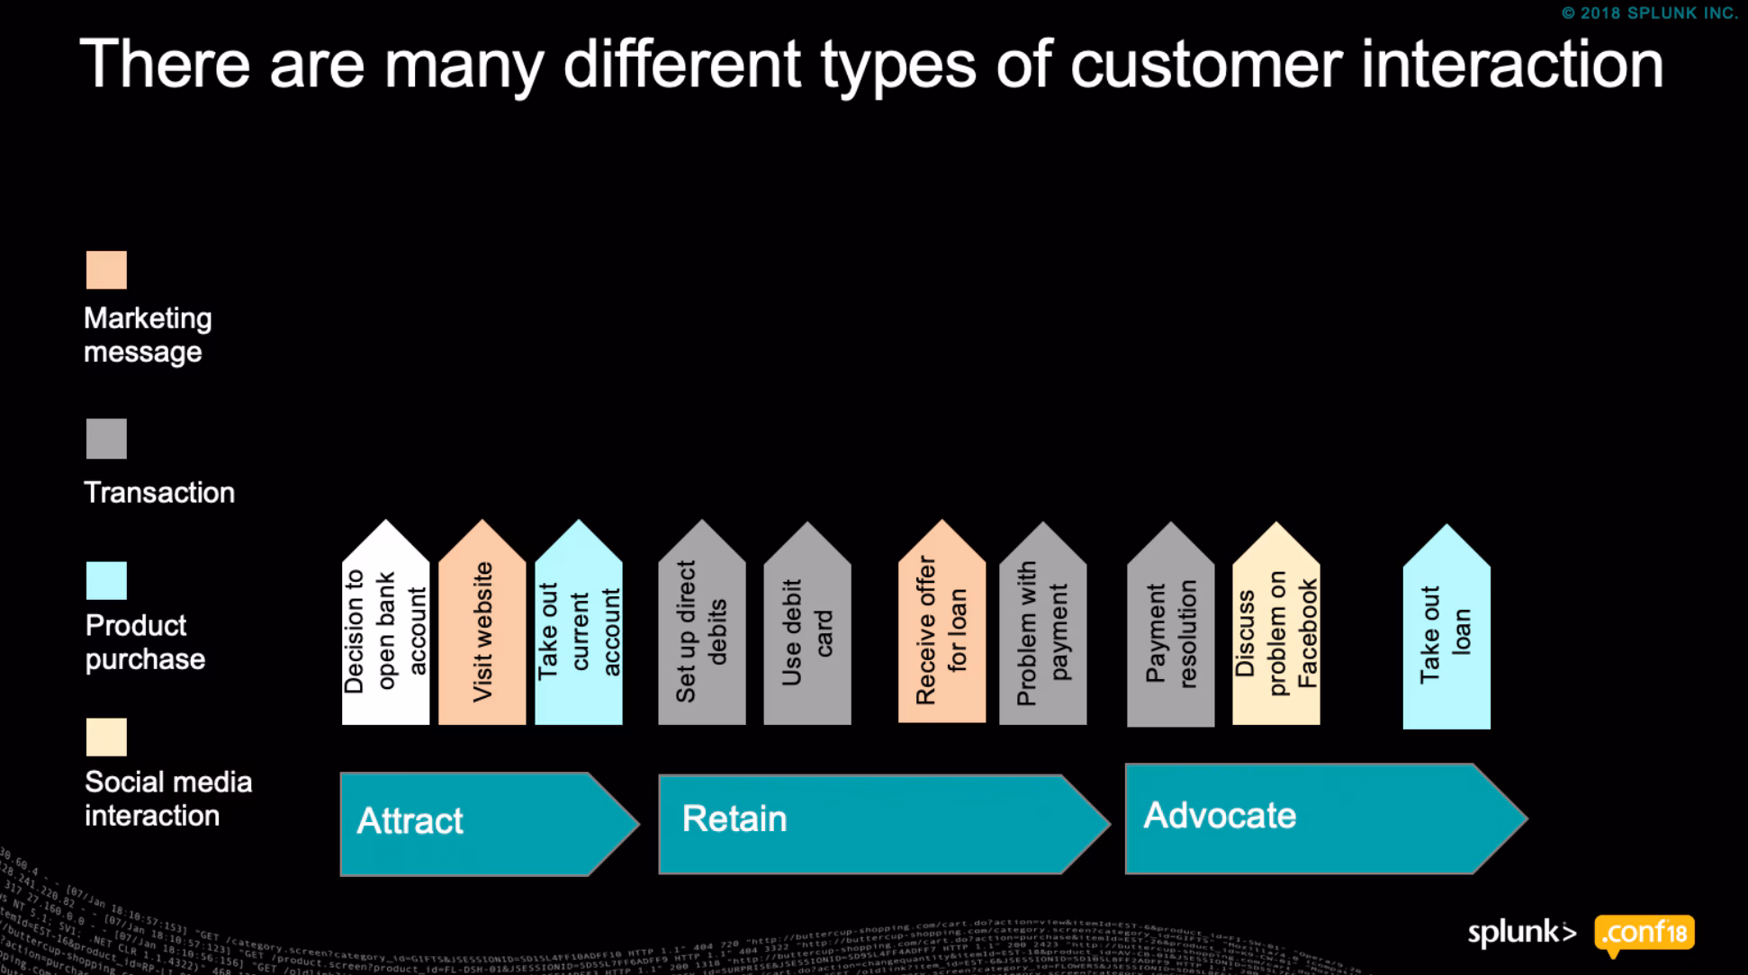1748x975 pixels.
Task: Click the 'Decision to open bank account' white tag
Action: click(x=385, y=630)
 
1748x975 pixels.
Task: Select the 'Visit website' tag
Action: click(x=482, y=630)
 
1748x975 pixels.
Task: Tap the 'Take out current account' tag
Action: click(x=579, y=630)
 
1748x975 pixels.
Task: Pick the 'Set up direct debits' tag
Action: click(x=702, y=630)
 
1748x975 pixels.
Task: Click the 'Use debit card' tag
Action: click(x=807, y=630)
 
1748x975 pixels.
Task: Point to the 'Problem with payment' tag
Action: click(x=1042, y=630)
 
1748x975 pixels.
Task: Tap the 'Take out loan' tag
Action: click(x=1446, y=633)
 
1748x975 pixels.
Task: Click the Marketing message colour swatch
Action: click(x=106, y=270)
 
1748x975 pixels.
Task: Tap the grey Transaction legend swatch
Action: click(x=106, y=439)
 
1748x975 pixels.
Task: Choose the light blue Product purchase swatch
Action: click(x=106, y=581)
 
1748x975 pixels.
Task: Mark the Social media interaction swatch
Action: click(x=106, y=738)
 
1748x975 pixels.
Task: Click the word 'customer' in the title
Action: click(x=1205, y=65)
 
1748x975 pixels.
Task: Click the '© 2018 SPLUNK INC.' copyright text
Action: click(x=1650, y=13)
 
